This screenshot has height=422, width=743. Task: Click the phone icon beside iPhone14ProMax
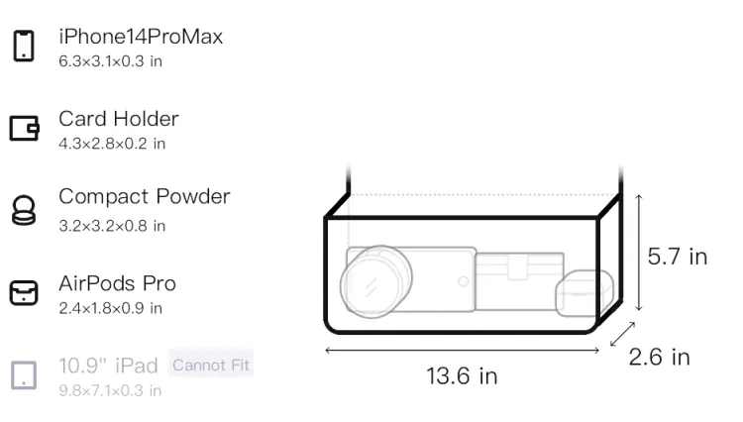24,46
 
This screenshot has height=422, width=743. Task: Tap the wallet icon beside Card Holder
24,128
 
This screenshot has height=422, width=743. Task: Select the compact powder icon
24,210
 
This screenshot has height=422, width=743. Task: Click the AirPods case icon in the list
24,292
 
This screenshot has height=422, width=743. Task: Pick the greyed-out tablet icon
24,375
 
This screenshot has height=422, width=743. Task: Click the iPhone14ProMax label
141,37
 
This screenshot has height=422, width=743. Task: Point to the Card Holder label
119,119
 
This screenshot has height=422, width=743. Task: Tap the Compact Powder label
145,196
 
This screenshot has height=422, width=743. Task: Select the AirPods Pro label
118,283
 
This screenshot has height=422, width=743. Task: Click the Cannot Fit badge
211,365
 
